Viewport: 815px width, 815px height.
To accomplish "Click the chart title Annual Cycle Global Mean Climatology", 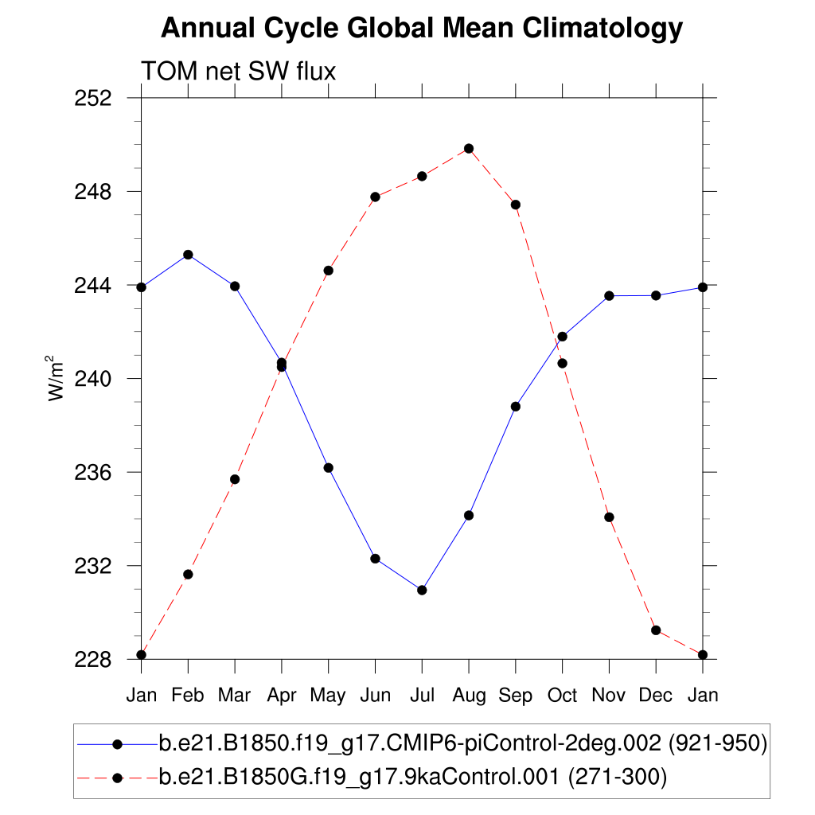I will [x=422, y=29].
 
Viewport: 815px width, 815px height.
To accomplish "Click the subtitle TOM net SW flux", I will [x=239, y=72].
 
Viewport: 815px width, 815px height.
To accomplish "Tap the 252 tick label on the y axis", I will [x=94, y=99].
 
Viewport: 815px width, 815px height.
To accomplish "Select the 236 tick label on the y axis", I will [x=94, y=473].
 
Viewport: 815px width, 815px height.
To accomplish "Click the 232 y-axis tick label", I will [x=94, y=567].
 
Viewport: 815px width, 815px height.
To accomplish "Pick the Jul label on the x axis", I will [x=422, y=696].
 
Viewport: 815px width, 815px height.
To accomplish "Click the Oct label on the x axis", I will [x=562, y=696].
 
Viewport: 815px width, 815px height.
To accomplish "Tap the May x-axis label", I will [x=328, y=696].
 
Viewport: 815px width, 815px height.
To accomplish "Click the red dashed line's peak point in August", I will [x=469, y=149].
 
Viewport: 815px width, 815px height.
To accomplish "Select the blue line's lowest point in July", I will [x=422, y=590].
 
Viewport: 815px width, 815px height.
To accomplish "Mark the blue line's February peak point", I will [x=188, y=255].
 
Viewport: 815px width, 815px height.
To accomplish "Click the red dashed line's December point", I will [x=656, y=630].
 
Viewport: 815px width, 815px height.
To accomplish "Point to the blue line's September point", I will [x=516, y=407].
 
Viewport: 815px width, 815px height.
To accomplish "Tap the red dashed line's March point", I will [x=235, y=479].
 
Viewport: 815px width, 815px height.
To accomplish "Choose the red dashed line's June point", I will [x=375, y=197].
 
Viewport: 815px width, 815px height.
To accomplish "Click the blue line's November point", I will [x=609, y=295].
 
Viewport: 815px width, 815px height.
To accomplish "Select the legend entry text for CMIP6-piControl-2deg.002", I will [x=462, y=743].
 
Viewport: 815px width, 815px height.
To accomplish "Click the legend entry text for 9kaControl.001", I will [x=413, y=777].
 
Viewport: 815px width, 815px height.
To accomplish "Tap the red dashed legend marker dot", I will [x=117, y=777].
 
